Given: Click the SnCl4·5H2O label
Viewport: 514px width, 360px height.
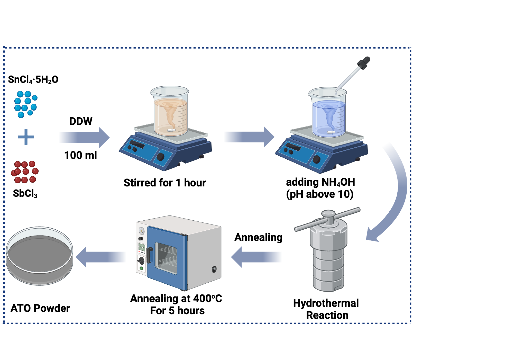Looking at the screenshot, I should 33,79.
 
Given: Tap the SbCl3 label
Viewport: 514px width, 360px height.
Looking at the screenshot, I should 25,193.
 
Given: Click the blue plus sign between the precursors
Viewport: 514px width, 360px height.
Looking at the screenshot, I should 26,137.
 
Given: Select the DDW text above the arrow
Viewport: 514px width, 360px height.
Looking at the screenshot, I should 81,121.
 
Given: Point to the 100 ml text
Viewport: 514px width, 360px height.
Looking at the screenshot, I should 80,155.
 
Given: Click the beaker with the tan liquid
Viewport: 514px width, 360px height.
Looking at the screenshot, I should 170,113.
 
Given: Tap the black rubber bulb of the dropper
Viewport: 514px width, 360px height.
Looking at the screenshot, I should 364,62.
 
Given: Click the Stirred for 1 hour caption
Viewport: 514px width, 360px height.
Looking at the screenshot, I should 165,183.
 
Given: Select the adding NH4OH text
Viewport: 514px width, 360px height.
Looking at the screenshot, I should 320,182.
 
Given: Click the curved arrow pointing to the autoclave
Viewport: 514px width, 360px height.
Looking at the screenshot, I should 396,195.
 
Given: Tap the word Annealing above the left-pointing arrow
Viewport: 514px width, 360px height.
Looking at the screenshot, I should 258,237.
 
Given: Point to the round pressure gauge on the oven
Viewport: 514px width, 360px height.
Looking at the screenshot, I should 141,231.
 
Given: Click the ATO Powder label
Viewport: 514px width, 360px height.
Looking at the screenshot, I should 40,308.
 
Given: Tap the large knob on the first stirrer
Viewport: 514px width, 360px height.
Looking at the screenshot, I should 160,157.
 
